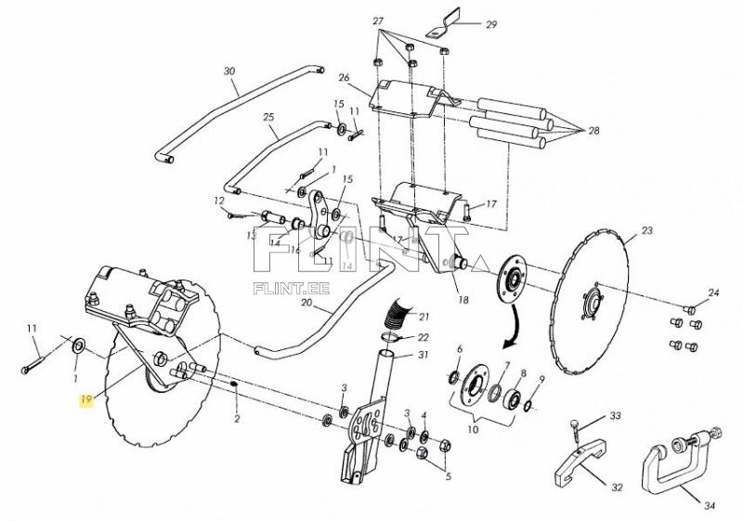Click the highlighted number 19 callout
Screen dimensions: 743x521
click(85, 400)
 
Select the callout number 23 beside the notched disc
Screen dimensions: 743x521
click(646, 230)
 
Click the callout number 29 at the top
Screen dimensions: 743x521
click(491, 24)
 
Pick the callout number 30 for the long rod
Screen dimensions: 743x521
click(229, 72)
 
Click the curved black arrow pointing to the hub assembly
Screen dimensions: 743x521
click(514, 328)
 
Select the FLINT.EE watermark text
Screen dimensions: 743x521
click(292, 289)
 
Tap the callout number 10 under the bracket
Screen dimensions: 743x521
click(473, 430)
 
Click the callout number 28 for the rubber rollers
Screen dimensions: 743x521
click(593, 130)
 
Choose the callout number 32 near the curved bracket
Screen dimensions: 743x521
click(617, 488)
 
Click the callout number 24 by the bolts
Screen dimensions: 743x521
click(713, 293)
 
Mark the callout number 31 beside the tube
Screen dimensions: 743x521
click(424, 355)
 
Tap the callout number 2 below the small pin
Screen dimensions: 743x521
click(237, 419)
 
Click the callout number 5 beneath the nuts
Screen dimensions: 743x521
click(448, 476)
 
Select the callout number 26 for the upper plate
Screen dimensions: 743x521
click(344, 77)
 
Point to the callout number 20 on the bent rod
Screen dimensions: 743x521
click(307, 303)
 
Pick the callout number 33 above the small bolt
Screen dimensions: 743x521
click(615, 416)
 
